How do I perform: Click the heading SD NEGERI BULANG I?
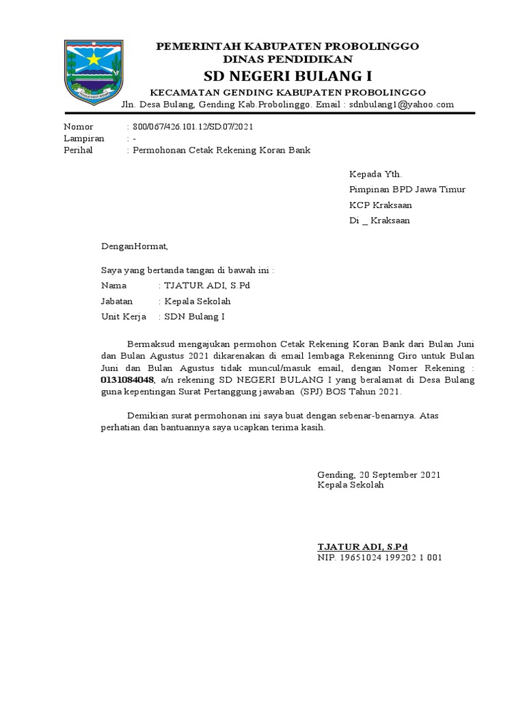pos(288,75)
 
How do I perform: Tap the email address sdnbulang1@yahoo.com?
pos(401,105)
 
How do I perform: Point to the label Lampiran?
pos(84,138)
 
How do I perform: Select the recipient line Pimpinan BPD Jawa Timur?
pos(407,190)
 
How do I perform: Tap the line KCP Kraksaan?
pos(381,205)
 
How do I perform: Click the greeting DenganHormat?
pos(134,246)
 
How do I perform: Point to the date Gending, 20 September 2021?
pos(379,474)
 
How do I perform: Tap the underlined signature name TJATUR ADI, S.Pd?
pos(362,547)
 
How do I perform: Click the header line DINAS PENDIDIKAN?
pos(288,60)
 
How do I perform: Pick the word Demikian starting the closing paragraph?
pos(150,416)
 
